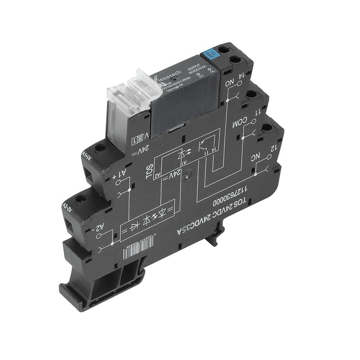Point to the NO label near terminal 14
229,84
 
